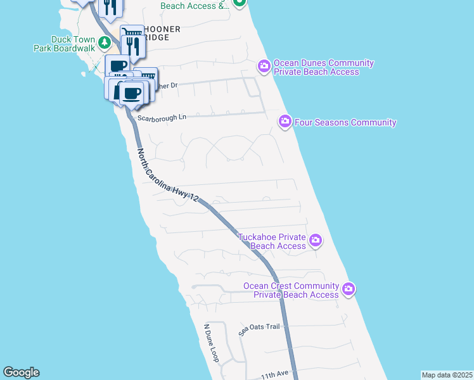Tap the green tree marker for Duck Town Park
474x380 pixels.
tap(106, 42)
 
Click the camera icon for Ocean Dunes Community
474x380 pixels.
tap(264, 65)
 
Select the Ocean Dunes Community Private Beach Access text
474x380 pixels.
tap(323, 68)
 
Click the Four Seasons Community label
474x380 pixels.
tap(346, 122)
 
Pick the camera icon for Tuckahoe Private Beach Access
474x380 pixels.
tap(316, 240)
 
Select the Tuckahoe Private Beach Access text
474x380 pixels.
tap(272, 241)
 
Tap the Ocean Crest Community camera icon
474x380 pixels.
tap(348, 289)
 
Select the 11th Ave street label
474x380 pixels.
tap(274, 375)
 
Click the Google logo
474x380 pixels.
tap(21, 372)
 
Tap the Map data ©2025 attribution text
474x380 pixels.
tap(447, 375)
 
